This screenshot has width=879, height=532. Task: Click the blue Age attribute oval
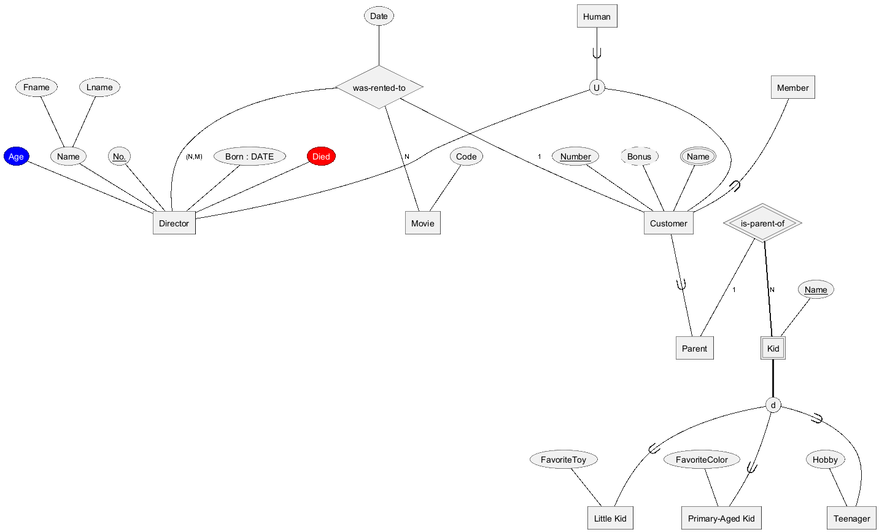tap(16, 156)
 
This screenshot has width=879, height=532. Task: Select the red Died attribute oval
tap(321, 156)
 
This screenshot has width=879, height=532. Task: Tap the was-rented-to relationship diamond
tap(379, 87)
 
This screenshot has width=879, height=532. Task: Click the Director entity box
tap(174, 223)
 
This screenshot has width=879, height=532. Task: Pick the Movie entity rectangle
tap(423, 223)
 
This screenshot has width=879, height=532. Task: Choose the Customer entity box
tap(668, 223)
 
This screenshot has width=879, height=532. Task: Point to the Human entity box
tap(597, 16)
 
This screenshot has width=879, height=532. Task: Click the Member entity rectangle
tap(792, 87)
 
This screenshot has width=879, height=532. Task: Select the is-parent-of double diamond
tap(762, 223)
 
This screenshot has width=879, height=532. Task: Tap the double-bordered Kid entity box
tap(773, 348)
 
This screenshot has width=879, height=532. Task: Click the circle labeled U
tap(597, 87)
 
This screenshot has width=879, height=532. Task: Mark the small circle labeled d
tap(773, 405)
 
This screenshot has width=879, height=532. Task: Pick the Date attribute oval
tap(379, 16)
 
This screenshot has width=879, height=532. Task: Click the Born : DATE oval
tap(250, 156)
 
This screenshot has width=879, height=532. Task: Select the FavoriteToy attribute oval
tap(563, 460)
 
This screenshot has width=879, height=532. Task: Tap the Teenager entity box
tap(851, 518)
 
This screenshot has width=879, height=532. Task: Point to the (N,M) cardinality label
tap(194, 156)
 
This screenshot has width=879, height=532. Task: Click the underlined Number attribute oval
tap(575, 156)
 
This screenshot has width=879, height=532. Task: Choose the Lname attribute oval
tap(99, 87)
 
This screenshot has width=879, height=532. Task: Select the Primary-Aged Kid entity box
tap(721, 518)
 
